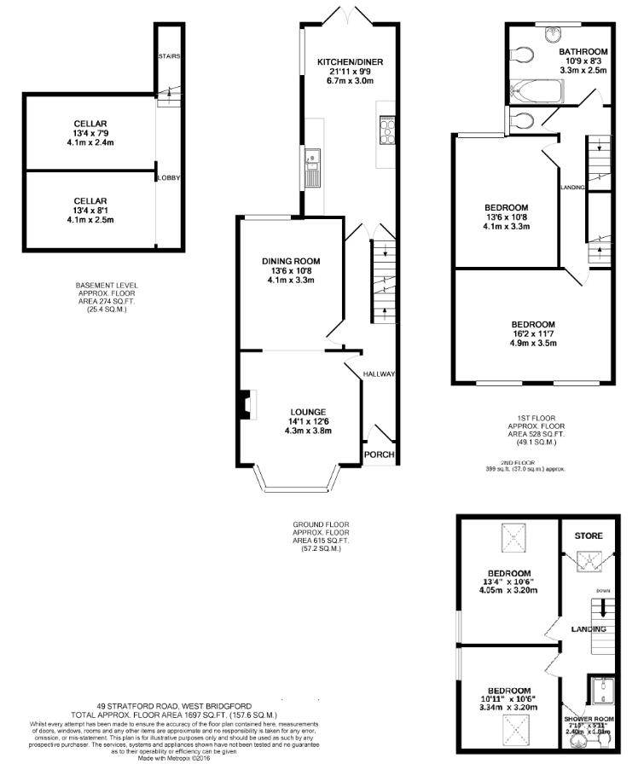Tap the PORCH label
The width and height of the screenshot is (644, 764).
[380, 454]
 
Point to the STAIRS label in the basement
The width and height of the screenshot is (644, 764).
[168, 57]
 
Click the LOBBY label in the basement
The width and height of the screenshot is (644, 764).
[168, 177]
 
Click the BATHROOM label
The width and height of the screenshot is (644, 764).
[583, 52]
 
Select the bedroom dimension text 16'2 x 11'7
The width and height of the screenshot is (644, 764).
[533, 335]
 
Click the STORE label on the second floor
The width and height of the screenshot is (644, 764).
[588, 535]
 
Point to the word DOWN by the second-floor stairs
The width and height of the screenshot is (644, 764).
[603, 589]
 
